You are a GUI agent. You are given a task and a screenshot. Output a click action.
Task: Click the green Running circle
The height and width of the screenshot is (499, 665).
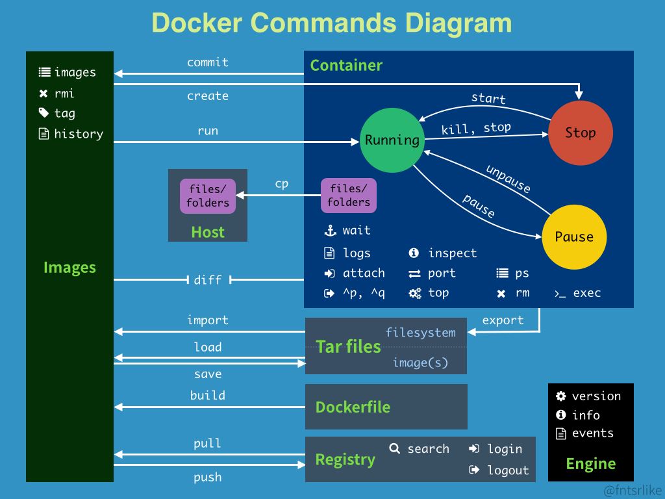[x=392, y=140]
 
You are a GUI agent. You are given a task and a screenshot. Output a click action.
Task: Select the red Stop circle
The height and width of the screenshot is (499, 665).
[x=580, y=133]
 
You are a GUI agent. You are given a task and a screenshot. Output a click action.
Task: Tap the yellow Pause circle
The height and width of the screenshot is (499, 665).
[x=574, y=237]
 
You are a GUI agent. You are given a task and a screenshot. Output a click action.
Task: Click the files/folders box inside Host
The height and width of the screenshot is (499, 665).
[x=208, y=196]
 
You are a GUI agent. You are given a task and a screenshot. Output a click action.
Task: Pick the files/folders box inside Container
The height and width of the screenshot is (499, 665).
[x=349, y=196]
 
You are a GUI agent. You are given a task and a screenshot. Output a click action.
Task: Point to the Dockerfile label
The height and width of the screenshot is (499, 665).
[x=353, y=407]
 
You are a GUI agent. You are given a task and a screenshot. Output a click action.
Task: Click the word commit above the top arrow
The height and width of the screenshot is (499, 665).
[x=208, y=62]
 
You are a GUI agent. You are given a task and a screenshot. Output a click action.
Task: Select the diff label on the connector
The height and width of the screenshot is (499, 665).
[x=208, y=280]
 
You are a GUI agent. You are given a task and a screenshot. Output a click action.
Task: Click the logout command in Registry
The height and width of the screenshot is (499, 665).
[x=508, y=470]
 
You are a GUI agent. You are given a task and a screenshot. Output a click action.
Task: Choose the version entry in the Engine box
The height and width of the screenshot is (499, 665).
[x=596, y=396]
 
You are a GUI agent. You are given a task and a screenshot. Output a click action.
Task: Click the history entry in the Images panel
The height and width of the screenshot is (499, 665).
[x=79, y=134]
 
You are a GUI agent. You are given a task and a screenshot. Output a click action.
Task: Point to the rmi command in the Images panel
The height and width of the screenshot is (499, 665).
[x=64, y=93]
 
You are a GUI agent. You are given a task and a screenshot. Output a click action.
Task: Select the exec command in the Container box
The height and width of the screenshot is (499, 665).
[x=586, y=293]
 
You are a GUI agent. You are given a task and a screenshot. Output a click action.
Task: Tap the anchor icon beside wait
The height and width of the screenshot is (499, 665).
[x=330, y=231]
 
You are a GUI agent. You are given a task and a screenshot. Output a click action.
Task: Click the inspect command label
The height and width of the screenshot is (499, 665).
[x=452, y=253]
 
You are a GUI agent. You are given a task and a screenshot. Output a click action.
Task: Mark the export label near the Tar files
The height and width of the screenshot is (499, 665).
[x=503, y=320]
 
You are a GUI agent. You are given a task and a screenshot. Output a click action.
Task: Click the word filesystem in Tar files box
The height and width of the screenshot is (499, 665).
[x=421, y=333]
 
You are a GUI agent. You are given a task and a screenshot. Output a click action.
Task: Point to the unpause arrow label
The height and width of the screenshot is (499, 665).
[x=508, y=179]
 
